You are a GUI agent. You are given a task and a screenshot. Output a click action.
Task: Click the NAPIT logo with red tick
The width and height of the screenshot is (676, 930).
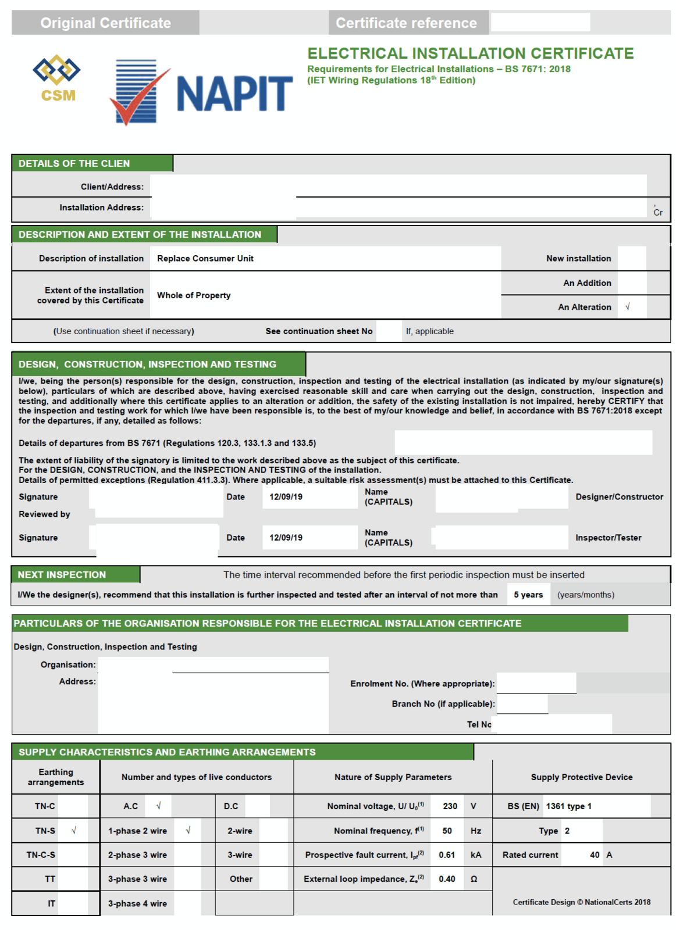201,92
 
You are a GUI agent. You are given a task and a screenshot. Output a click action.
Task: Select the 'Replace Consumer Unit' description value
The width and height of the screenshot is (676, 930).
205,259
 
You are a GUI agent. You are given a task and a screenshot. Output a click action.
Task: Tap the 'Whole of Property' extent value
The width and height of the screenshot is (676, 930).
194,295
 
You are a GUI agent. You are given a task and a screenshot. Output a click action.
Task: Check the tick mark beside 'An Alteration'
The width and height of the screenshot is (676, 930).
627,307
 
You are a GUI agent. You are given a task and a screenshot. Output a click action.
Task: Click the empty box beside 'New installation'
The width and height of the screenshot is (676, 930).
631,259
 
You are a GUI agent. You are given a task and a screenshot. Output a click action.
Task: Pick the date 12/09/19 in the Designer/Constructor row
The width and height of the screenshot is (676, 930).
286,497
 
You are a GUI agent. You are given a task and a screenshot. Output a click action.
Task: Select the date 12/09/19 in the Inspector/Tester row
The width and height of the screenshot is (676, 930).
286,538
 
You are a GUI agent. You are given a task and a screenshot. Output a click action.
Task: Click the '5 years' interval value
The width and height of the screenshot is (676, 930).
528,595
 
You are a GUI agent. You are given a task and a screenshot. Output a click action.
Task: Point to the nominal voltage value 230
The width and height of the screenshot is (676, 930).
450,806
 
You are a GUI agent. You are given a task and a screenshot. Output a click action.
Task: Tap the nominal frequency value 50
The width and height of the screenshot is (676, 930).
447,831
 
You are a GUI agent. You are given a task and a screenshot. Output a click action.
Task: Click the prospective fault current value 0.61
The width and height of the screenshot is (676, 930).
447,855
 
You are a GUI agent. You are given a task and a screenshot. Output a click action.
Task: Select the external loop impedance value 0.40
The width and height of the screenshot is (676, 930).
447,879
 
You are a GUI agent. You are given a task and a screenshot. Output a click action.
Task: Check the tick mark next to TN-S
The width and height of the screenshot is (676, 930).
74,831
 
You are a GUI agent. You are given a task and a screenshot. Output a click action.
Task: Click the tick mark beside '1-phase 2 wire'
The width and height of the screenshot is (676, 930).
188,831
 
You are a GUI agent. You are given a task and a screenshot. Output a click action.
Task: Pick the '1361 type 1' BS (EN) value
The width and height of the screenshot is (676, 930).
568,806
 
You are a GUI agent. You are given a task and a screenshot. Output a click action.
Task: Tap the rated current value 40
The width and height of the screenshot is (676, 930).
594,855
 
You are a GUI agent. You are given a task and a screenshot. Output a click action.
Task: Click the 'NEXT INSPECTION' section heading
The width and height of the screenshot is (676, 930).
62,575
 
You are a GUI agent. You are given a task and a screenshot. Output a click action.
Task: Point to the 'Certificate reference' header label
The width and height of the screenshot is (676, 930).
406,23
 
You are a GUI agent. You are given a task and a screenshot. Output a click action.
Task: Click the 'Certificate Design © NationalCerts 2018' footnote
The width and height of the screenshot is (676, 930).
581,902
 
